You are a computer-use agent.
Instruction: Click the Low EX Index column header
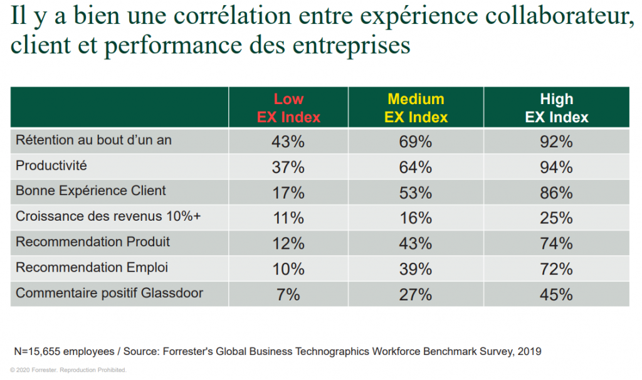(288, 108)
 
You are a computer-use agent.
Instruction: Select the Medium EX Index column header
(416, 108)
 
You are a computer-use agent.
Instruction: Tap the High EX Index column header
(556, 108)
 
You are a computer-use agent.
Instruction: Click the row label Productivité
(51, 166)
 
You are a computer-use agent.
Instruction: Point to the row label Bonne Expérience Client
(91, 191)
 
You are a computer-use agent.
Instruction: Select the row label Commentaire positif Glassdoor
(109, 293)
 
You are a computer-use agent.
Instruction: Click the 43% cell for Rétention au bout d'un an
(288, 142)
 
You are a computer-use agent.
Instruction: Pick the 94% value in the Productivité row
(556, 167)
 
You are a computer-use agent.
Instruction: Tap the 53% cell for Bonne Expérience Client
(416, 193)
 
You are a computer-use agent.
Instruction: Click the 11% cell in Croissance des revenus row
(288, 218)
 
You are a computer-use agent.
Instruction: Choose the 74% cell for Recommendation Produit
(556, 243)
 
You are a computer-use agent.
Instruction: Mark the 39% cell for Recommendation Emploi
(416, 269)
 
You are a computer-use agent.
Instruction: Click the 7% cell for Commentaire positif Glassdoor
(288, 294)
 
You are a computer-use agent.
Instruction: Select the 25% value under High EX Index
(556, 218)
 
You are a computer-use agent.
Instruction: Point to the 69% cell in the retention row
(416, 142)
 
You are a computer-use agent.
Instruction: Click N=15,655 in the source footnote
(39, 351)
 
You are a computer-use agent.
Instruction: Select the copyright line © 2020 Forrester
(68, 370)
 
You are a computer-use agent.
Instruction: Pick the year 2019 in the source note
(529, 351)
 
